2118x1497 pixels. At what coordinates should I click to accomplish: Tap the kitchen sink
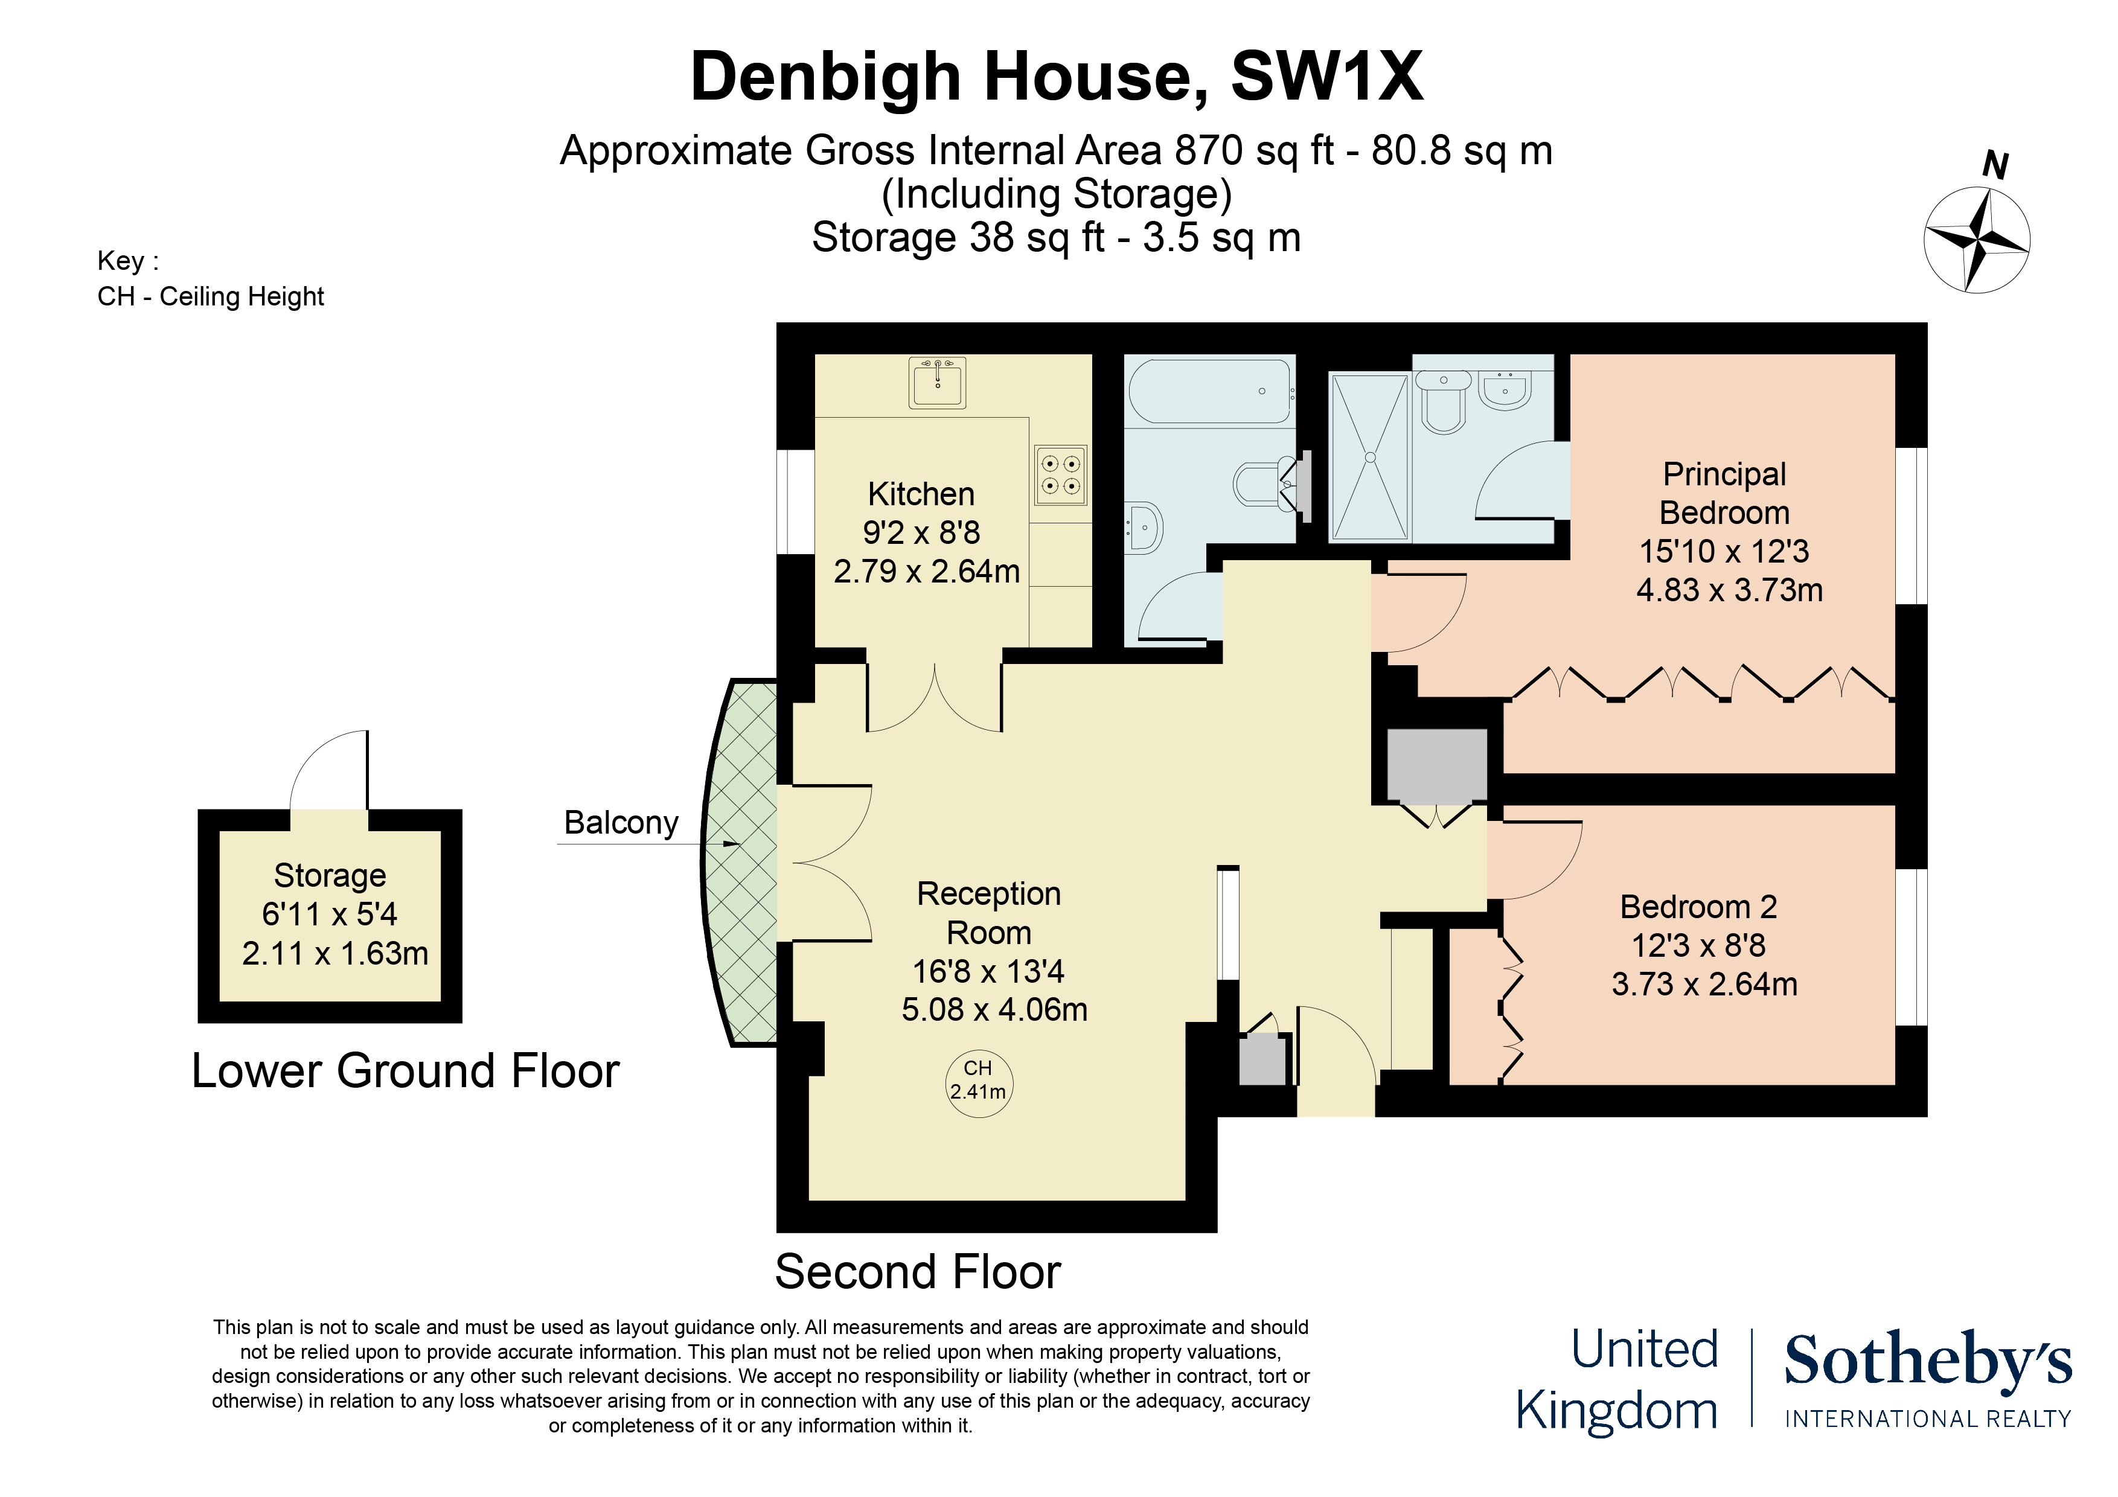pyautogui.click(x=937, y=383)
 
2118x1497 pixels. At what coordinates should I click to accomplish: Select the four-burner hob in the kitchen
pyautogui.click(x=1061, y=476)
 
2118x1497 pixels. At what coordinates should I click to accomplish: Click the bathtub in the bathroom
pyautogui.click(x=1209, y=391)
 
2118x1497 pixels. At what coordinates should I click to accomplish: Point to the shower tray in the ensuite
pyautogui.click(x=1370, y=456)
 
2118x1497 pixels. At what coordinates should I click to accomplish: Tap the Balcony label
pyautogui.click(x=621, y=822)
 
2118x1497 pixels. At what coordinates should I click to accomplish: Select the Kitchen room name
pyautogui.click(x=921, y=494)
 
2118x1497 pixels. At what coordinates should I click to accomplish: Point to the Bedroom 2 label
pyautogui.click(x=1698, y=907)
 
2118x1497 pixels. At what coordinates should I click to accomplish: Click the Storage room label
pyautogui.click(x=330, y=875)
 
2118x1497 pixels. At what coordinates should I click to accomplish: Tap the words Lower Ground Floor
pyautogui.click(x=405, y=1071)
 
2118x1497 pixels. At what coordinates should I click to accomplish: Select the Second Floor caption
pyautogui.click(x=918, y=1272)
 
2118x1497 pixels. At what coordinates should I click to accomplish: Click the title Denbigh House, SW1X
pyautogui.click(x=1057, y=77)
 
